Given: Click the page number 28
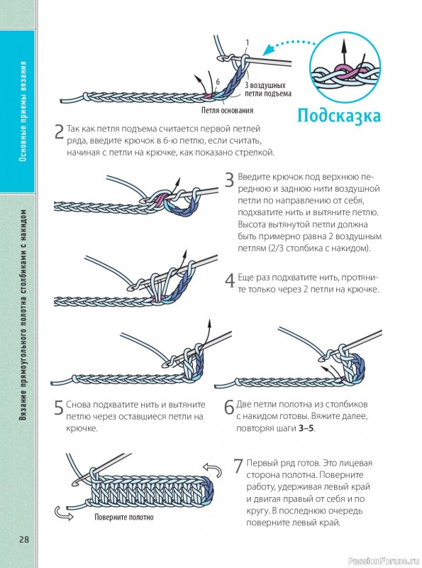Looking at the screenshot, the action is (24, 539).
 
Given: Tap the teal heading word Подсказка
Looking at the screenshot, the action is (339, 116).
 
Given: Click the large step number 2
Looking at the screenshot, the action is (59, 132).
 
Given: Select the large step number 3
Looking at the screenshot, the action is (230, 180).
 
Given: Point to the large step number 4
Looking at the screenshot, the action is (230, 280).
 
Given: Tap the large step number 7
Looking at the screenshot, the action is (238, 466).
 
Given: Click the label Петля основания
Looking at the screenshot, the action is (227, 110).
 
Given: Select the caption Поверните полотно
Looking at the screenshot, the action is (124, 518).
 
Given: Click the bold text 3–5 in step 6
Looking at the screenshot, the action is (306, 428).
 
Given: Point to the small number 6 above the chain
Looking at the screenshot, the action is (218, 82).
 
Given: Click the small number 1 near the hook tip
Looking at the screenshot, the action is (248, 43).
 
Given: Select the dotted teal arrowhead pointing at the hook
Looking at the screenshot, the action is (269, 49).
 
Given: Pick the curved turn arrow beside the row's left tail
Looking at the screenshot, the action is (63, 513).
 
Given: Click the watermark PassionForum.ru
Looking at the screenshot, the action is (383, 561).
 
